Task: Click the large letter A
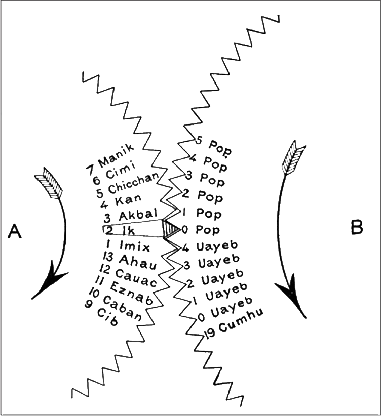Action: [x=15, y=231]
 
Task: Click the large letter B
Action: [x=357, y=228]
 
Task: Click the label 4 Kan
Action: [x=121, y=201]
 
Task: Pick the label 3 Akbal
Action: [x=131, y=216]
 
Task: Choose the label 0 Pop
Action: [x=201, y=230]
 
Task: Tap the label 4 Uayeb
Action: [x=210, y=246]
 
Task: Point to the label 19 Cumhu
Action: [x=234, y=324]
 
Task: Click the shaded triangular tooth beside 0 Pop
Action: [x=171, y=229]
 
